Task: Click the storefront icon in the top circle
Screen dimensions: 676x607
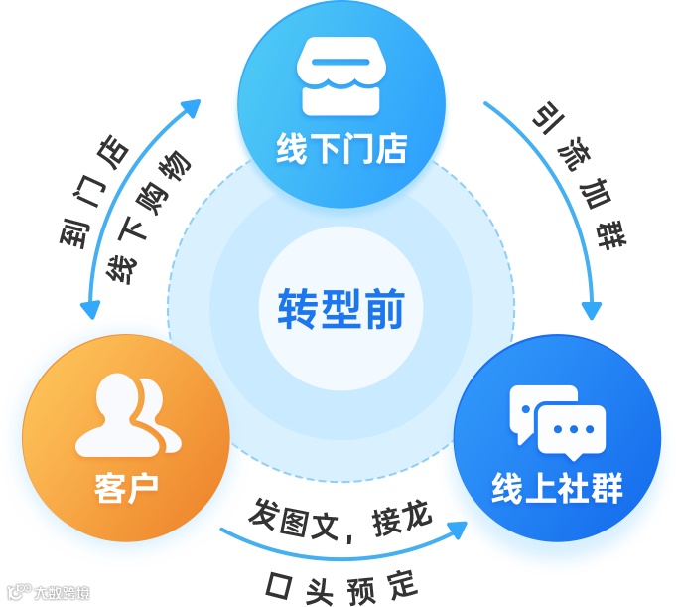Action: tap(341, 76)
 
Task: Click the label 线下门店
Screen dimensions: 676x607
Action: tap(341, 149)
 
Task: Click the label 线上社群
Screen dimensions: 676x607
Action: tap(557, 489)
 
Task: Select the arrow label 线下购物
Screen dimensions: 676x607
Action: tap(150, 219)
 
